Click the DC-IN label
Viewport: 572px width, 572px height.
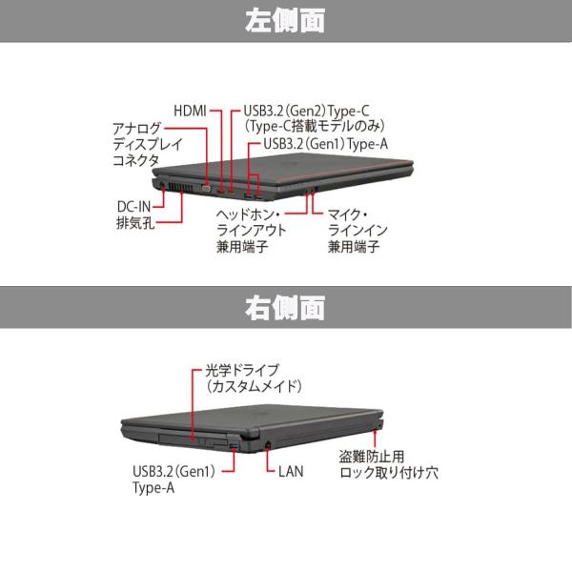coord(134,206)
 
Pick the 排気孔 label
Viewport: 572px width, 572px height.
coord(134,224)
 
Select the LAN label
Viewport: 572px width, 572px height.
coord(293,470)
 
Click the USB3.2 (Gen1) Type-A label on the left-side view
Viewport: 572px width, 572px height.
coord(318,144)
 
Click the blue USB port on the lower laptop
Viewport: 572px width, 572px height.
coord(233,445)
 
